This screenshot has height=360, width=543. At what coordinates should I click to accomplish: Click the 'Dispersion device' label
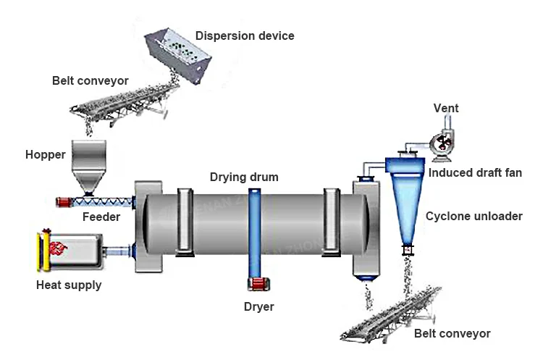coord(245,35)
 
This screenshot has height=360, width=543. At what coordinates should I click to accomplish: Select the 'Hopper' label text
coord(45,155)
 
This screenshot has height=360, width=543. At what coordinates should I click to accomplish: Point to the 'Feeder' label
coord(101,217)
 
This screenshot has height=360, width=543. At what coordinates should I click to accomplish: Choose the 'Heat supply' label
coord(69,285)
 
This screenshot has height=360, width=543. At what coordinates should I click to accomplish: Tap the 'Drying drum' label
coord(244,177)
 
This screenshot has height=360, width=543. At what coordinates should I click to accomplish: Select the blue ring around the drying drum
coord(254,232)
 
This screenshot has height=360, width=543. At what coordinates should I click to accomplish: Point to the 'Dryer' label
coord(258,307)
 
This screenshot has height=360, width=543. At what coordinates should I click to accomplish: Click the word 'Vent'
coord(446,109)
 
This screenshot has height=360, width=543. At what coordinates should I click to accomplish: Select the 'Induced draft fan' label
coord(475,173)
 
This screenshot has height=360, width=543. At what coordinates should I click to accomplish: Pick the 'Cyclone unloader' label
coord(474,216)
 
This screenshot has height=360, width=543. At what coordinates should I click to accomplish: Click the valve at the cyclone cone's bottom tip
coord(407,250)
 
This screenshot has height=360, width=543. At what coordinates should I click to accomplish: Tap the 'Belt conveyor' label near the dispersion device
coord(90,81)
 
